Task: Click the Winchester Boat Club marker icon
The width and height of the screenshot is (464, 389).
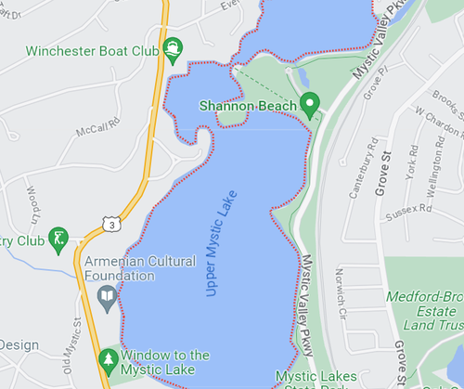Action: tap(172, 47)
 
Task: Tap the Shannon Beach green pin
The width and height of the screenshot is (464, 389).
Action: tap(312, 104)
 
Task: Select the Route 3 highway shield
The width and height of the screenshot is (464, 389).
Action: tap(111, 224)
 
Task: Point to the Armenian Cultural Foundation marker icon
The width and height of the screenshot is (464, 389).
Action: tap(108, 297)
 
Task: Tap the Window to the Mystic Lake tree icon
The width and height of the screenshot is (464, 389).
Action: tap(109, 358)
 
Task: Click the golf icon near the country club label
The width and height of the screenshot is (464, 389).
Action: tap(60, 237)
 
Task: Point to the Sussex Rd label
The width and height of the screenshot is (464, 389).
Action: tap(414, 211)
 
